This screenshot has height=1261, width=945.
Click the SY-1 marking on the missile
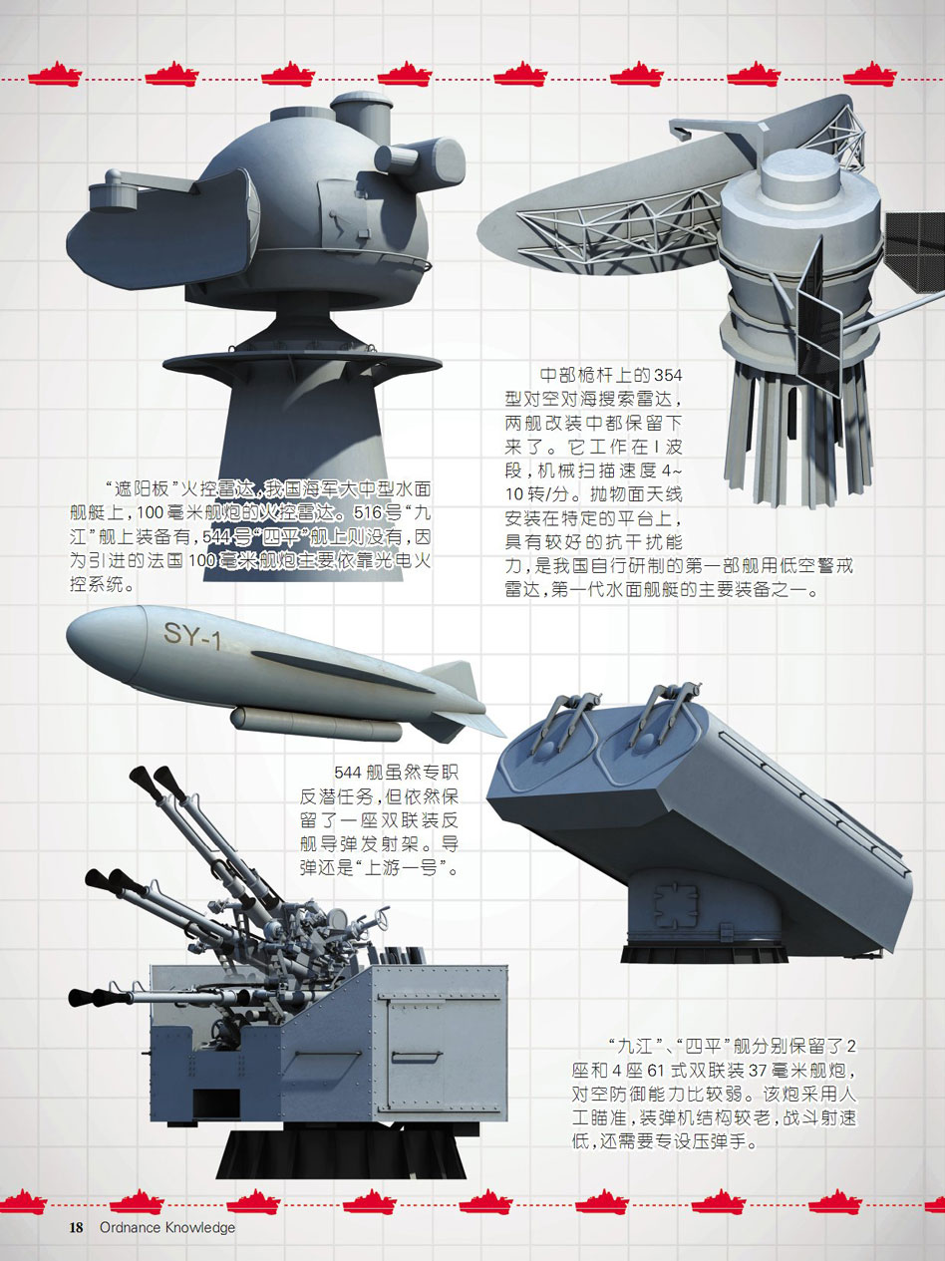coord(191,634)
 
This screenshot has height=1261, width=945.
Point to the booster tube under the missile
coord(316,724)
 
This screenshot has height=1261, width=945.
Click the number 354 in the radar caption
coord(668,376)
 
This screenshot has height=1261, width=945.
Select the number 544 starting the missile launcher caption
coord(348,773)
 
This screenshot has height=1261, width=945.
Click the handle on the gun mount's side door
coord(417,1057)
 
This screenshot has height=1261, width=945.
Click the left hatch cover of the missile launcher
coord(550,747)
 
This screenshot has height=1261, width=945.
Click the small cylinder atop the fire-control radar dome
coord(361,109)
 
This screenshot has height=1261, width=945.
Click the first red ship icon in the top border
coord(55,75)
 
